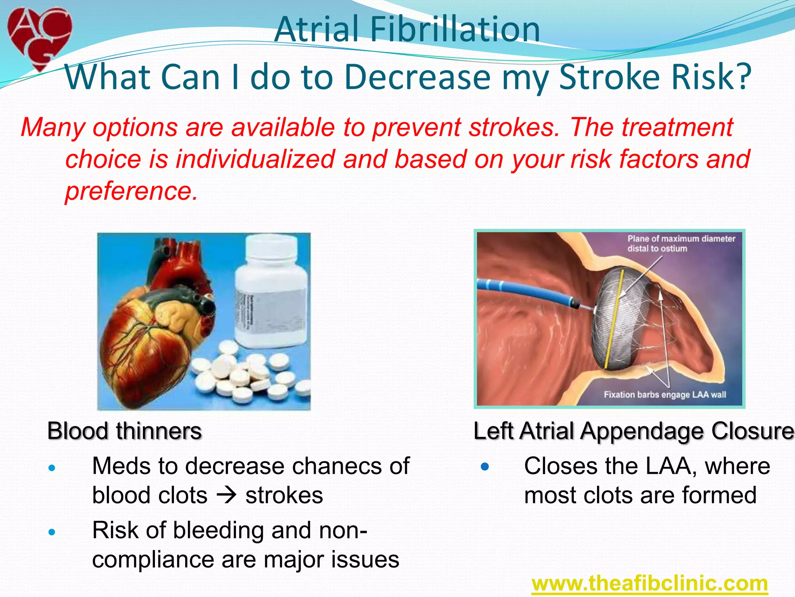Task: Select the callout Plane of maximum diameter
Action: click(681, 243)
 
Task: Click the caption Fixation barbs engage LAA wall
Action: click(665, 395)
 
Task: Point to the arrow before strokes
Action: click(226, 495)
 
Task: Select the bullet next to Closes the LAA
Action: click(484, 466)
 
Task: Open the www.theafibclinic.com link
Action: click(649, 583)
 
